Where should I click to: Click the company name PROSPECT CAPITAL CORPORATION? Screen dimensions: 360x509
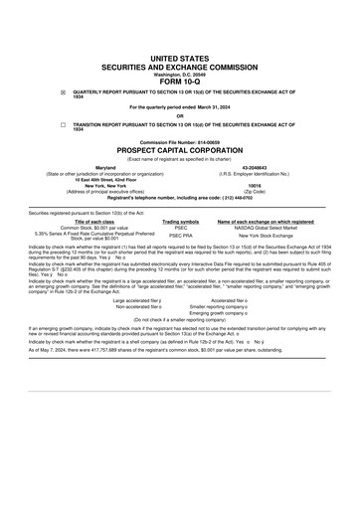point(180,150)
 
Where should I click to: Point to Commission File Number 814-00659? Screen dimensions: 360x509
point(180,142)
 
